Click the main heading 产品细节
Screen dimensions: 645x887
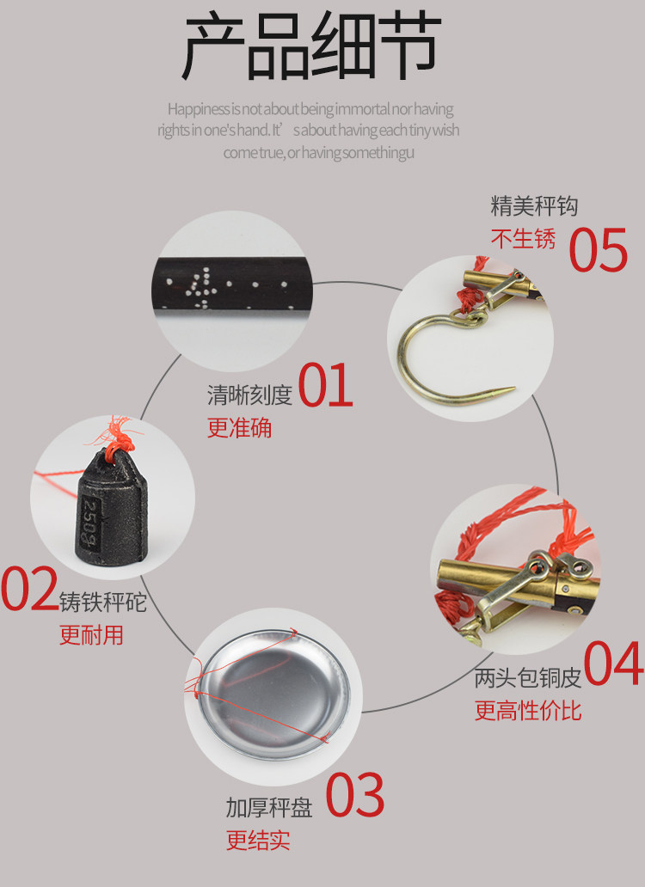coord(311,46)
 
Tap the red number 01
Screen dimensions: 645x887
coord(325,385)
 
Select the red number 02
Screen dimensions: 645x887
coord(29,589)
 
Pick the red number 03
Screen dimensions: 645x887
coord(355,795)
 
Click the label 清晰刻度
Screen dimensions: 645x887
coord(249,395)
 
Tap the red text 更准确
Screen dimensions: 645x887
coord(239,428)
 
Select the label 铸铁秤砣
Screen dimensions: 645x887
coord(103,602)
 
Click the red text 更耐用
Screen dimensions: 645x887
coord(92,634)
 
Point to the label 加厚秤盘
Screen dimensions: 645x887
coord(269,808)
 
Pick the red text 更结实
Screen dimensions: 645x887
coord(259,840)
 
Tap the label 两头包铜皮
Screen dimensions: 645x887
coord(528,677)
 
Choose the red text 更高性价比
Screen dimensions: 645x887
coord(528,711)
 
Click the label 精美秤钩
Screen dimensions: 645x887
coord(534,206)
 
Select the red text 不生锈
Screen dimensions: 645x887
coord(524,239)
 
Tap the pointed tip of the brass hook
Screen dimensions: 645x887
coord(513,388)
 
